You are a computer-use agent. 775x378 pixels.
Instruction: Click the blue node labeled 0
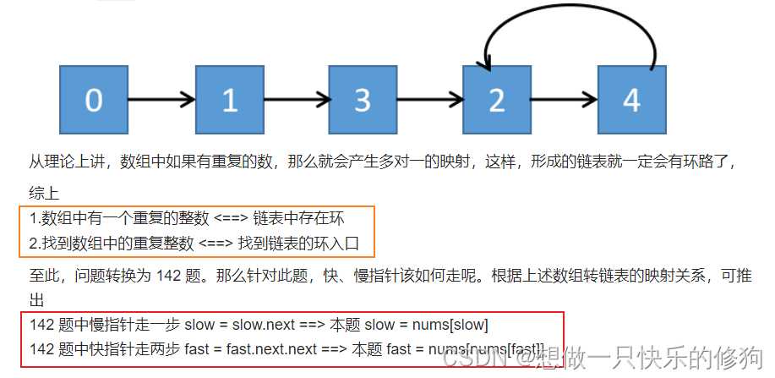[x=94, y=100]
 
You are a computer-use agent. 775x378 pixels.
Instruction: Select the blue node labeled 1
[x=229, y=100]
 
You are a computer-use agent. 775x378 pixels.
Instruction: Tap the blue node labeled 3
[x=363, y=100]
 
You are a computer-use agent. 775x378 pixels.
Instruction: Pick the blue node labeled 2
[x=497, y=100]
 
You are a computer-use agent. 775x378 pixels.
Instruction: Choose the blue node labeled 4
[x=631, y=100]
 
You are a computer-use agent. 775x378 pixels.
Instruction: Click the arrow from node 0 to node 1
[x=161, y=100]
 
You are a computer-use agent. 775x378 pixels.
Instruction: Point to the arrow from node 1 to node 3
[x=296, y=100]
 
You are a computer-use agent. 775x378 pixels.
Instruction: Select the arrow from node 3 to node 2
[x=430, y=100]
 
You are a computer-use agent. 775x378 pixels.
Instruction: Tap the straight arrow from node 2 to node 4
[x=565, y=100]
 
